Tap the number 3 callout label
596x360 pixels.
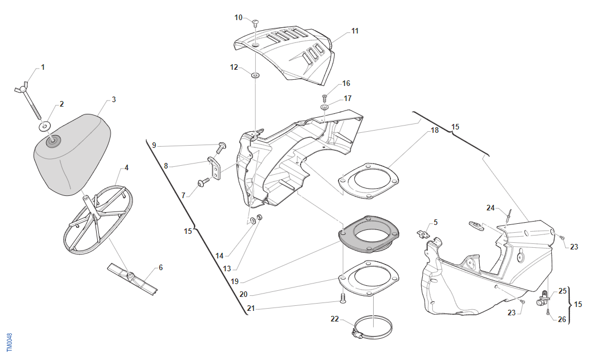click(x=113, y=99)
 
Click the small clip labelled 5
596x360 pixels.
click(x=425, y=233)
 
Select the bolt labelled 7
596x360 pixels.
click(x=203, y=182)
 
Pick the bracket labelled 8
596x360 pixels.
click(x=216, y=166)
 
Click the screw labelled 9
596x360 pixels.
click(x=221, y=147)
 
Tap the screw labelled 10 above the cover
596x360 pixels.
click(x=255, y=23)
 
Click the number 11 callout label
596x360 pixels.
click(x=355, y=31)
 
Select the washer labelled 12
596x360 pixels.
click(x=255, y=74)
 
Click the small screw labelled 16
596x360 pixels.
click(x=325, y=98)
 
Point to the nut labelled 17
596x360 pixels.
click(x=325, y=106)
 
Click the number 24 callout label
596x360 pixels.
click(x=490, y=208)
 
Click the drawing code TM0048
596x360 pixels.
click(x=9, y=342)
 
